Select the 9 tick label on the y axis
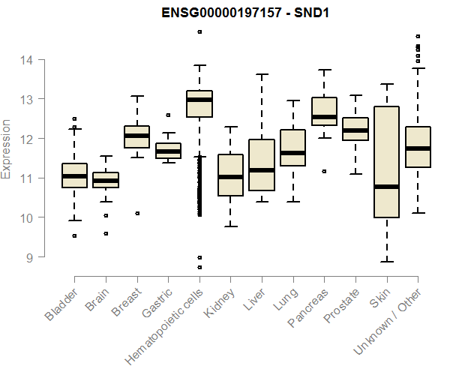[x=29, y=257]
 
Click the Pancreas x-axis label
[x=307, y=309]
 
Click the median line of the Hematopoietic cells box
[x=199, y=100]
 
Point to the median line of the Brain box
[x=106, y=181]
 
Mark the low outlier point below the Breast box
[x=137, y=213]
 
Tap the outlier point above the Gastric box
[x=168, y=115]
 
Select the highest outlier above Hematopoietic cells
[x=199, y=31]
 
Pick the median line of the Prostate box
[x=355, y=130]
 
